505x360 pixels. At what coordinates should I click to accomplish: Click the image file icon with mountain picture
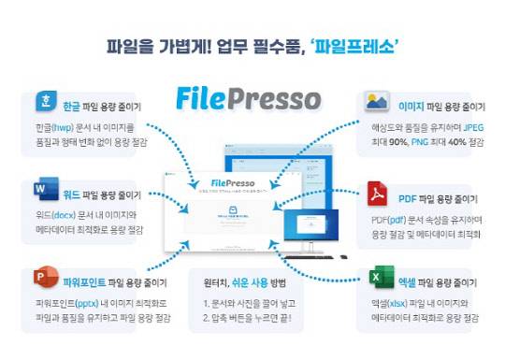pyautogui.click(x=377, y=100)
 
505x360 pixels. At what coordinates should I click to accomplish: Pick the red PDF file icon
pyautogui.click(x=377, y=194)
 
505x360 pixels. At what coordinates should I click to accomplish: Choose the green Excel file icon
pyautogui.click(x=377, y=278)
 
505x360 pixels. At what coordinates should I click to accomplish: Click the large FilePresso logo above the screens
pyautogui.click(x=248, y=98)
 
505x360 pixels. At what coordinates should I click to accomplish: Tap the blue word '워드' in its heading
pyautogui.click(x=72, y=195)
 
